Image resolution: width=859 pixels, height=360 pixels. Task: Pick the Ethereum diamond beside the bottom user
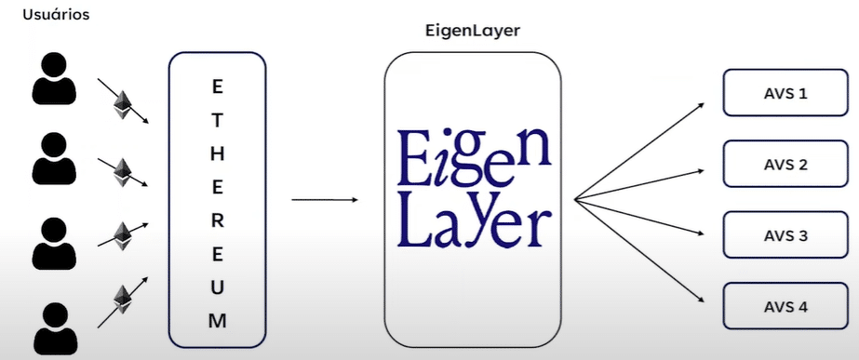pyautogui.click(x=122, y=298)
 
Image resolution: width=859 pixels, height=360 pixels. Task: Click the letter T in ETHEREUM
pyautogui.click(x=217, y=119)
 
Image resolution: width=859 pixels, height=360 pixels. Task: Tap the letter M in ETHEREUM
pyautogui.click(x=217, y=321)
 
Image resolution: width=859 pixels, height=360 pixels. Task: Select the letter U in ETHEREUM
pyautogui.click(x=217, y=287)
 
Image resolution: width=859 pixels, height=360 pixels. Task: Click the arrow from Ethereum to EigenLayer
pyautogui.click(x=325, y=199)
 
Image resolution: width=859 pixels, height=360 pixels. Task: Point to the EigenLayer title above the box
pyautogui.click(x=472, y=31)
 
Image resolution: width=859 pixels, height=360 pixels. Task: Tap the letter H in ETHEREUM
pyautogui.click(x=217, y=153)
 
